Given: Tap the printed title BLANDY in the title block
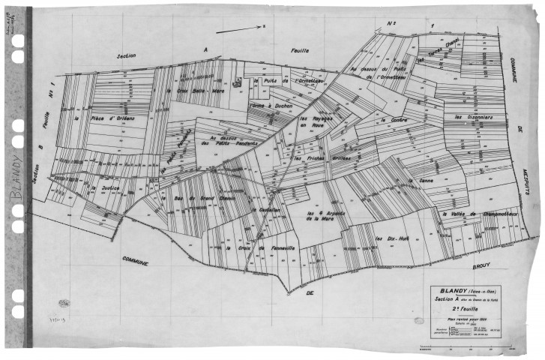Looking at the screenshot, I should tap(449, 291).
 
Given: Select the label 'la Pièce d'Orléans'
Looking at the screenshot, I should tap(103, 118).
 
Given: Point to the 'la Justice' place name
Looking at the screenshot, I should tap(106, 188).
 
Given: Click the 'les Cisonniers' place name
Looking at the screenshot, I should tap(472, 118).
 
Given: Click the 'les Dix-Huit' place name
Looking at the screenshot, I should tap(388, 238).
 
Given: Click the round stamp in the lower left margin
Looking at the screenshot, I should tap(64, 304).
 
